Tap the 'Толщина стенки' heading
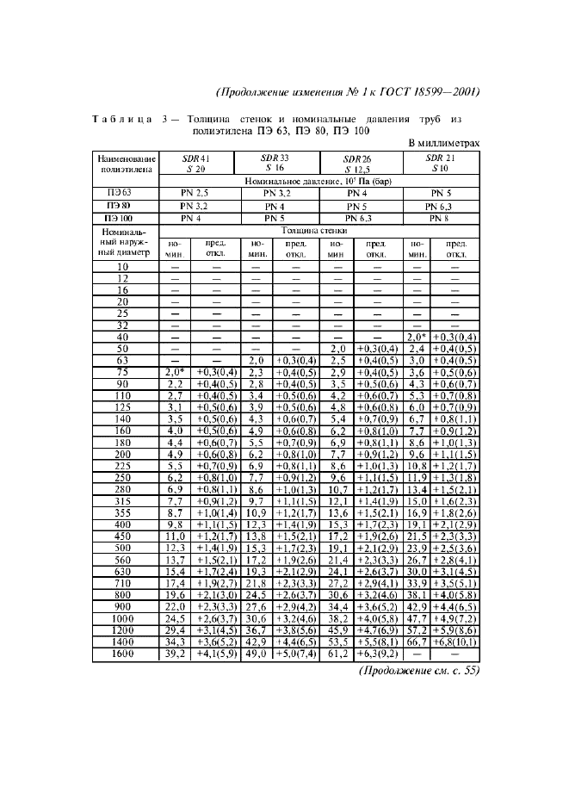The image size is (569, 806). coord(320,232)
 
